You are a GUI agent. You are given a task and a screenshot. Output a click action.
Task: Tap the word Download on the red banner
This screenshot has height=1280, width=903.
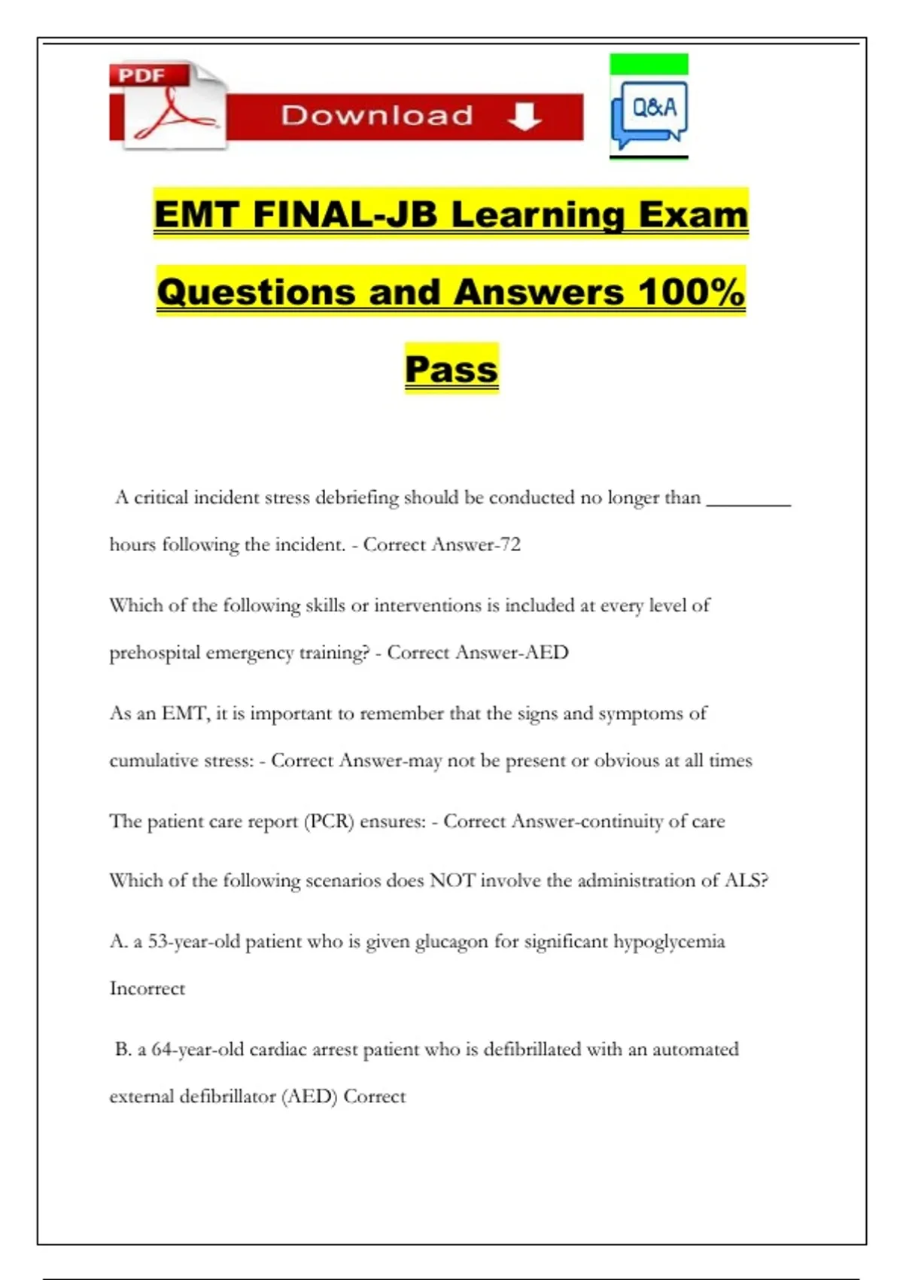click(x=377, y=116)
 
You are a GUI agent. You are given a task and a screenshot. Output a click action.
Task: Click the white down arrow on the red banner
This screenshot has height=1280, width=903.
click(x=524, y=116)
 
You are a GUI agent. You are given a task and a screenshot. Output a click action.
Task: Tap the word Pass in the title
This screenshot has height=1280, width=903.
click(x=451, y=369)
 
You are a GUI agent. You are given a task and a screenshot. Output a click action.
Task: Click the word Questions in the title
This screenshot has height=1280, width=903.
click(x=256, y=291)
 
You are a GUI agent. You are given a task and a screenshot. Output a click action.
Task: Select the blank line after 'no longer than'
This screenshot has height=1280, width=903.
click(x=748, y=501)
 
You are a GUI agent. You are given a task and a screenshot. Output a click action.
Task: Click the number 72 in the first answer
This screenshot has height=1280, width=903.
click(x=510, y=544)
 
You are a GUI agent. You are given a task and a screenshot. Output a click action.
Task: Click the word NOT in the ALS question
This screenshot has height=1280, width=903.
click(x=451, y=880)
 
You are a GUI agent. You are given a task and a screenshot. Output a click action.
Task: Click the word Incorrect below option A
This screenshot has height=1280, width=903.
click(x=147, y=988)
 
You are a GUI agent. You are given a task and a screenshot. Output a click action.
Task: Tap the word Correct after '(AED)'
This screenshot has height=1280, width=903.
click(x=374, y=1096)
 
